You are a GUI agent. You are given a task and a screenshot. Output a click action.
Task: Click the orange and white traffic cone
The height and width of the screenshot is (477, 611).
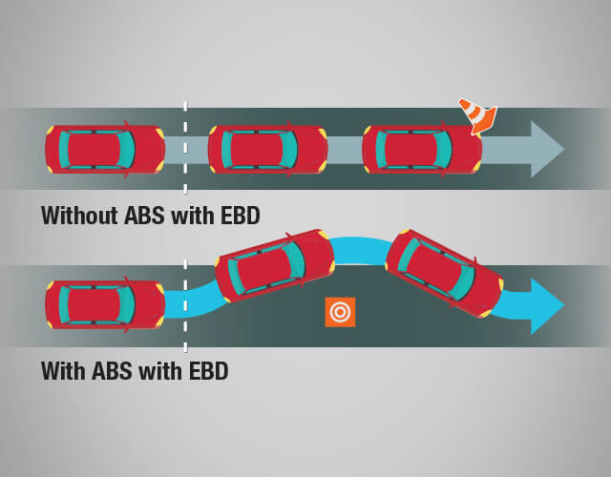pos(478,114)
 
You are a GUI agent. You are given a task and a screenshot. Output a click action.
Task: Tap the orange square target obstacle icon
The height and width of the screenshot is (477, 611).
pos(340,312)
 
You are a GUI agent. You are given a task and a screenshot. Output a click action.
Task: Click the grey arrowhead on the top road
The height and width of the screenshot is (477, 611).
pos(547,149)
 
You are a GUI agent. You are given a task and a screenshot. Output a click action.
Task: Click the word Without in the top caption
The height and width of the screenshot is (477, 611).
pos(80,216)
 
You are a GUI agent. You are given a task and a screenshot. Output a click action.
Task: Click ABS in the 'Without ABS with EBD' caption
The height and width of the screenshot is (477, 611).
pos(147,216)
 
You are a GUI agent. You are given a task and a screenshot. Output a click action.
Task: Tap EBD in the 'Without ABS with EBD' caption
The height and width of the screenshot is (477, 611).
pos(238,216)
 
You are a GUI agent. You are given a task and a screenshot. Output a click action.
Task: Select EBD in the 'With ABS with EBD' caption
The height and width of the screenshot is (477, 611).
pos(206,370)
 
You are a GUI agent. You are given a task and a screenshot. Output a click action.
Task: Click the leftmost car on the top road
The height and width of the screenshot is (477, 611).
pos(103,149)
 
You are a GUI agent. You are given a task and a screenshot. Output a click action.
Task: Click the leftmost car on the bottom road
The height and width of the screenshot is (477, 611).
pos(103,305)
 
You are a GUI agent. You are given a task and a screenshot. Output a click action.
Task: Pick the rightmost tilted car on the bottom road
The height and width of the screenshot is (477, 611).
pos(444,272)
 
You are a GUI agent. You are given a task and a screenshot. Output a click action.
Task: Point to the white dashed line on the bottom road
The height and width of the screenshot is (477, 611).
pos(185,329)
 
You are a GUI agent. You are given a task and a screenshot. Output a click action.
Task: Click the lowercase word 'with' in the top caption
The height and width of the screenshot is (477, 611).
pos(194,216)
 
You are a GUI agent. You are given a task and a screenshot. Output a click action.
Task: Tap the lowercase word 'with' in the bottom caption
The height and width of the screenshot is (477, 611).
pos(162,370)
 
